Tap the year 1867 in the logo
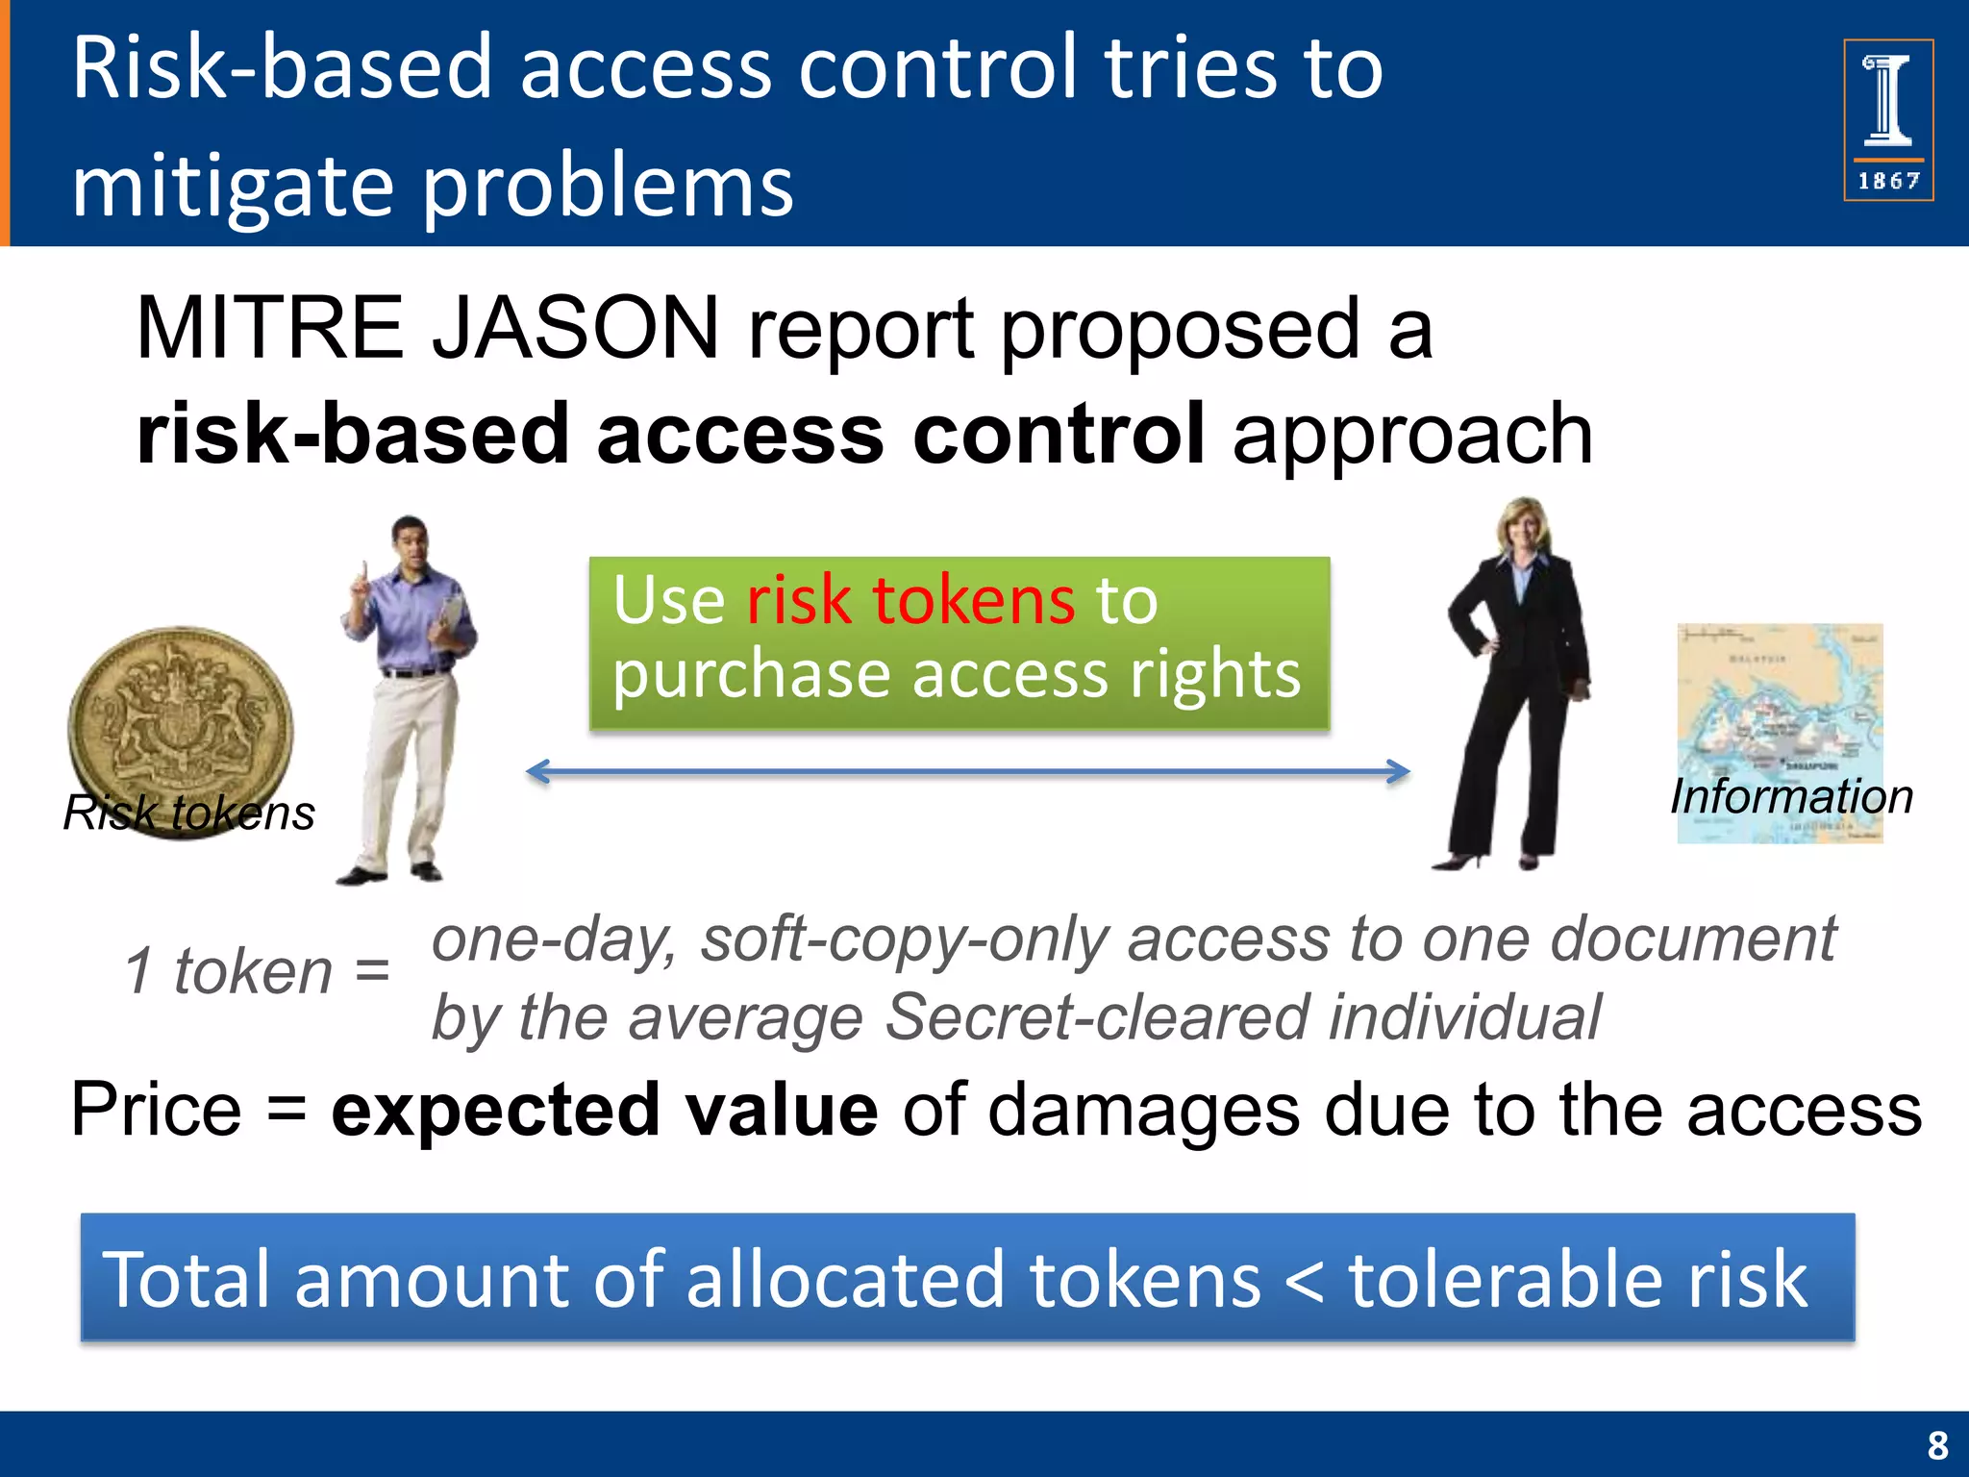click(1888, 181)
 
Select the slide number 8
click(1937, 1445)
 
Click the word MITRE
click(269, 329)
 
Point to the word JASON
click(575, 329)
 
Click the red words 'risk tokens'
click(910, 601)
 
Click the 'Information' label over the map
click(1791, 797)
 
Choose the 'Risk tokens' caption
click(188, 814)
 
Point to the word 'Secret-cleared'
click(1097, 1017)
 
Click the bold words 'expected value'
click(604, 1111)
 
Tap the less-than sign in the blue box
click(1304, 1281)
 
